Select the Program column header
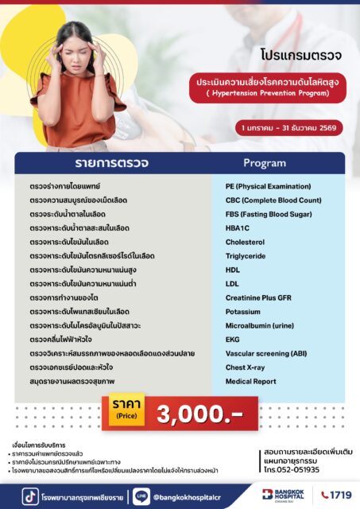click(264, 163)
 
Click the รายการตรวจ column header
click(111, 163)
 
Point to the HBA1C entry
click(239, 227)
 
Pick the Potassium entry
click(242, 311)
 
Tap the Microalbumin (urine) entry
click(258, 325)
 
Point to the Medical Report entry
click(250, 381)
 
